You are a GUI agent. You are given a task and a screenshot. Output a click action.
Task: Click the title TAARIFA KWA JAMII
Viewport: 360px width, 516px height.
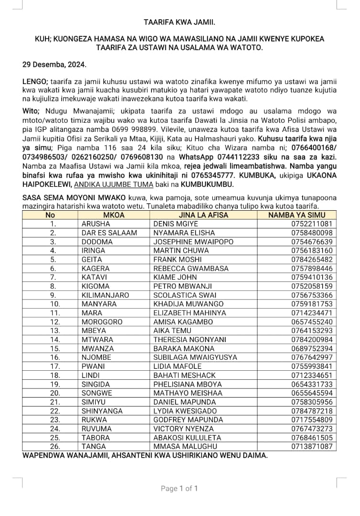pyautogui.click(x=179, y=22)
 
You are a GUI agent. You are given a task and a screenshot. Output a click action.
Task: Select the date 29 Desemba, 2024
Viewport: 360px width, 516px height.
pyautogui.click(x=55, y=64)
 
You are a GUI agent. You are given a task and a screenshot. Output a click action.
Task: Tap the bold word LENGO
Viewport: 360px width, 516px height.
pyautogui.click(x=35, y=82)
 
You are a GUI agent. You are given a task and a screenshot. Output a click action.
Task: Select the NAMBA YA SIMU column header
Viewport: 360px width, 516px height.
pyautogui.click(x=302, y=215)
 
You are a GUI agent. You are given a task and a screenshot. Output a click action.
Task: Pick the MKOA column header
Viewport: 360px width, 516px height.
pyautogui.click(x=114, y=215)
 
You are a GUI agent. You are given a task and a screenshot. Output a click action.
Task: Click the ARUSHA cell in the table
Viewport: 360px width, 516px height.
pyautogui.click(x=96, y=224)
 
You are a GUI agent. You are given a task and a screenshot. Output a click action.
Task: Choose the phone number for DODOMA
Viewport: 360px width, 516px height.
pyautogui.click(x=312, y=242)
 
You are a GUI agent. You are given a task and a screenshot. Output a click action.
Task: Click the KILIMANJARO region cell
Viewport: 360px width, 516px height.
pyautogui.click(x=105, y=295)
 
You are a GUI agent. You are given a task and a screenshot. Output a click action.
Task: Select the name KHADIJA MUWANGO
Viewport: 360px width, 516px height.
pyautogui.click(x=188, y=304)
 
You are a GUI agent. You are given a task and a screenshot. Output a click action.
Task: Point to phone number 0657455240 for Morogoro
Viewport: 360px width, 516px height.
pyautogui.click(x=312, y=322)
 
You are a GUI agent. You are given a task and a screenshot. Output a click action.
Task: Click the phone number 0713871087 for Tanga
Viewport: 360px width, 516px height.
pyautogui.click(x=312, y=446)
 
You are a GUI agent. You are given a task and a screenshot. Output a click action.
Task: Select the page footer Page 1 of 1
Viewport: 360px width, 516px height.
pyautogui.click(x=179, y=488)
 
